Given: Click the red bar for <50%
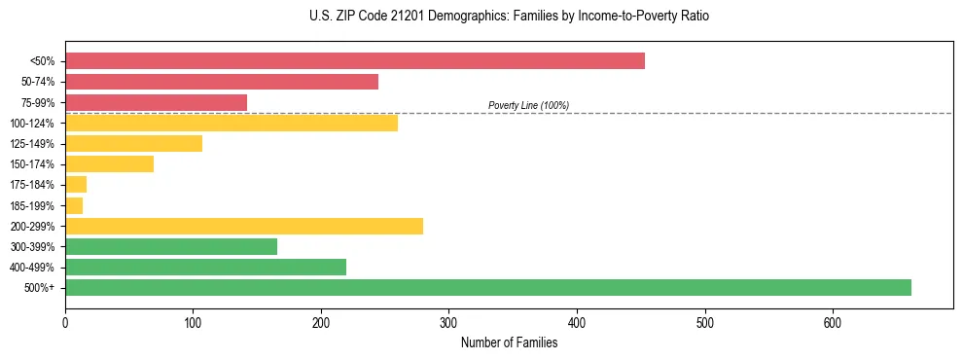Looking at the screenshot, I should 355,61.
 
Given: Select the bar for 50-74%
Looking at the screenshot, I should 222,82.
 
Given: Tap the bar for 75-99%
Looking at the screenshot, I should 156,102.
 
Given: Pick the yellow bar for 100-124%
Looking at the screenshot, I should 232,123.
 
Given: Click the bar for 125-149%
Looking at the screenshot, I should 133,143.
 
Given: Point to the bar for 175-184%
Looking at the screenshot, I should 76,184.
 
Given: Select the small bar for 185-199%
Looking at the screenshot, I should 74,205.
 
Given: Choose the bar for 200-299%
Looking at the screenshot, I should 244,226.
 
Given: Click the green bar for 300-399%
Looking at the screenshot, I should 171,246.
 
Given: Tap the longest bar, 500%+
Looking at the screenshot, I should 488,287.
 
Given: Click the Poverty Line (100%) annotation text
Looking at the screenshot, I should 528,105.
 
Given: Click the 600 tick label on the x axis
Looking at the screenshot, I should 833,323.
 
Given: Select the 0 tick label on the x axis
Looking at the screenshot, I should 65,323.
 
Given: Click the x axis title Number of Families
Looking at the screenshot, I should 509,342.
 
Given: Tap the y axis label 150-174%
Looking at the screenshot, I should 32,164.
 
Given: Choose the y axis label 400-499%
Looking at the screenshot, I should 32,268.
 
